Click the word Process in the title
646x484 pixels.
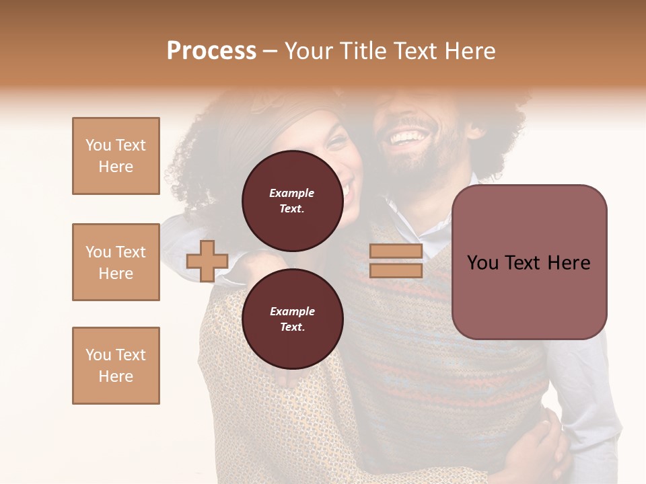211,51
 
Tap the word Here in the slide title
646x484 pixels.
469,51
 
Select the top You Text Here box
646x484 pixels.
116,156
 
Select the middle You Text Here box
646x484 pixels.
116,262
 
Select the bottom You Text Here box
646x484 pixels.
116,366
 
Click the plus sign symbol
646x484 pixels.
207,261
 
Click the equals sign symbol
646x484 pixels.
396,261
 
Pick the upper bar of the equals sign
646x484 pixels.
396,251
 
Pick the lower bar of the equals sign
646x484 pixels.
396,270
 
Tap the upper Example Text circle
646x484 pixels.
292,200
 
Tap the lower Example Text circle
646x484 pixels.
292,319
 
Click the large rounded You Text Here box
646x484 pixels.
529,262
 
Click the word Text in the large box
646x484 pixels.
529,262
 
